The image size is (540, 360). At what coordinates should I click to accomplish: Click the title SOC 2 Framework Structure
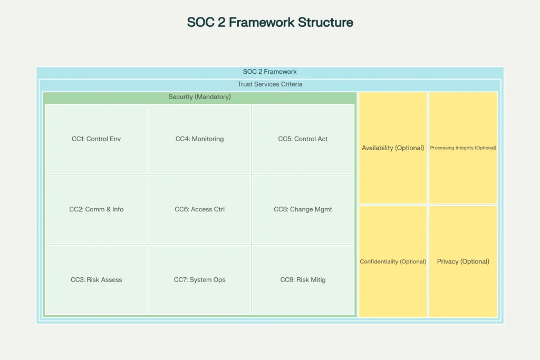click(270, 23)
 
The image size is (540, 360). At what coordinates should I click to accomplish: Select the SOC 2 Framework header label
click(270, 72)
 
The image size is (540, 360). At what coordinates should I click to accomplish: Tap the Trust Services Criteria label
click(270, 84)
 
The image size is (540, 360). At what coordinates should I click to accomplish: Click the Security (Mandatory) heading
click(199, 97)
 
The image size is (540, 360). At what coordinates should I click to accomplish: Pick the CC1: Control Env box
click(97, 139)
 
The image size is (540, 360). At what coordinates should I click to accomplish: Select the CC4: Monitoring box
click(199, 139)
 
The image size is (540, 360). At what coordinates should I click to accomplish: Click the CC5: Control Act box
click(303, 139)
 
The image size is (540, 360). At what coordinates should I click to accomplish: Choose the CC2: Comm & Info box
click(97, 209)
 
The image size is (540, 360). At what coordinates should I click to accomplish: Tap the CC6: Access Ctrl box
click(199, 209)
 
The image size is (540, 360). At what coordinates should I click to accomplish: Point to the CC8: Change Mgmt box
click(303, 209)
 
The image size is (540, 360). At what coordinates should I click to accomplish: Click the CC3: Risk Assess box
click(97, 280)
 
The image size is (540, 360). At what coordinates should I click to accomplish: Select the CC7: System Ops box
click(199, 280)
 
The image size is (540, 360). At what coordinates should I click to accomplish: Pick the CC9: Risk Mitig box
click(303, 280)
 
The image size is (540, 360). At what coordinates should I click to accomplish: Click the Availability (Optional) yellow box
click(393, 148)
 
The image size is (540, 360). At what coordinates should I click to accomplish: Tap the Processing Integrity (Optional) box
click(463, 148)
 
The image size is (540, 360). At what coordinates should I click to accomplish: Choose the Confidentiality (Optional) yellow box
click(393, 261)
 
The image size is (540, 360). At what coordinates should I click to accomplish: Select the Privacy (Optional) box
click(463, 261)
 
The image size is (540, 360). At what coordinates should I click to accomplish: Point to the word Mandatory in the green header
click(214, 97)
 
